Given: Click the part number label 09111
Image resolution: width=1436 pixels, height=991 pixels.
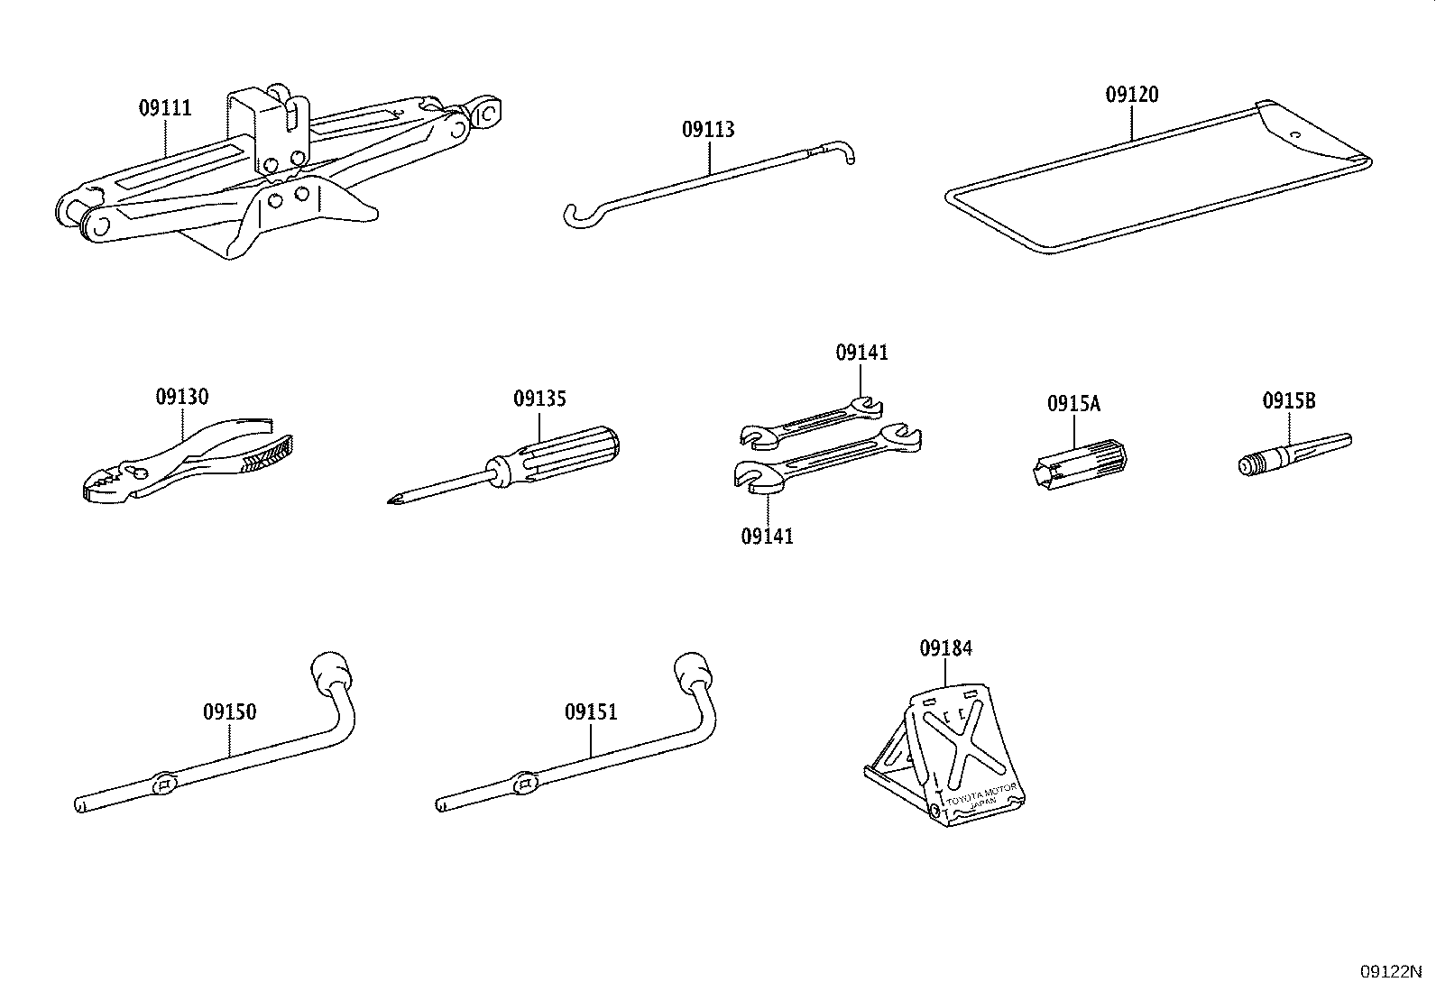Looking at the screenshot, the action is coord(165,107).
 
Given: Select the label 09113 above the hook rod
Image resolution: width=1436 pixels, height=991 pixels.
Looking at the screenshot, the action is coord(708,130).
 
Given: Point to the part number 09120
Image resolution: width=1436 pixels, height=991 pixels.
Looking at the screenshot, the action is coord(1132,95).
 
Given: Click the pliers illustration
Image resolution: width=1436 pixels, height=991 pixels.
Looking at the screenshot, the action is coord(188,460).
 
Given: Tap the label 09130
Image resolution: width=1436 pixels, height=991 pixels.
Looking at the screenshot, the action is coord(182,397).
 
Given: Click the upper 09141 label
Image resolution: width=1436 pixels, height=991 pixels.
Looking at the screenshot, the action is coord(861,353).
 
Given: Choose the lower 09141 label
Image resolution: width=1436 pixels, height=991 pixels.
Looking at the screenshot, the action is coord(768,536).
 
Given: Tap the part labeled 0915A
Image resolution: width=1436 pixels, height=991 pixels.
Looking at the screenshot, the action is coord(1081,464).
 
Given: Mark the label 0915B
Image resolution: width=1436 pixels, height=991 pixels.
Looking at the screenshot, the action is coord(1289,401).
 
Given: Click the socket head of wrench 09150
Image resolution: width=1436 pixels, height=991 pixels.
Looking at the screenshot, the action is coord(332,673).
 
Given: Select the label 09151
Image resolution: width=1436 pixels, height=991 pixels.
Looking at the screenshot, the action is coord(591,712).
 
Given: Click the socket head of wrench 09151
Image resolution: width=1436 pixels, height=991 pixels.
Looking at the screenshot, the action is coord(695,673).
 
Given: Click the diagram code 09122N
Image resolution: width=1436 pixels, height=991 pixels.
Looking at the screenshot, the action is coord(1391,972).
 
